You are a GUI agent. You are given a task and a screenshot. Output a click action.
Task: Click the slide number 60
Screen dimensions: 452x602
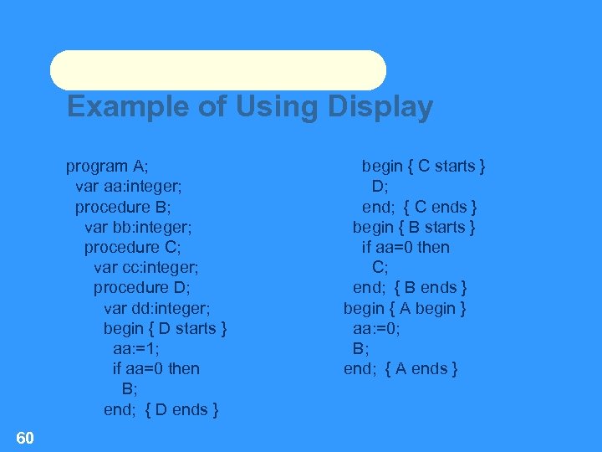24,437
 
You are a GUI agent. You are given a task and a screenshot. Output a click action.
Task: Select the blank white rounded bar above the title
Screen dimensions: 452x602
217,70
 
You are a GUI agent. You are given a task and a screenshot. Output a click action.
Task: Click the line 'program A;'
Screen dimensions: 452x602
107,166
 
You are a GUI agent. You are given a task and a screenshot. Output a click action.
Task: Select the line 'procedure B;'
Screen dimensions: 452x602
123,206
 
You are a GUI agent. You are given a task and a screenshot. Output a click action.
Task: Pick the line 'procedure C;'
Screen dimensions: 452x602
132,247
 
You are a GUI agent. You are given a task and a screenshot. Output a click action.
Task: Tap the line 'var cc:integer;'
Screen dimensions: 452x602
146,267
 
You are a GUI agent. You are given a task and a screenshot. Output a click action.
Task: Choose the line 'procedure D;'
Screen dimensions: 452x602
141,288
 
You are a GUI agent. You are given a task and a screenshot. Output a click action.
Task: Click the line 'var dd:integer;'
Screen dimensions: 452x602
156,308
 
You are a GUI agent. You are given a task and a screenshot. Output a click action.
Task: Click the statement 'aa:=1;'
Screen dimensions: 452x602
136,348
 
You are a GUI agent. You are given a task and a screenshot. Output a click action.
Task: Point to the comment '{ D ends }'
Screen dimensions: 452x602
182,409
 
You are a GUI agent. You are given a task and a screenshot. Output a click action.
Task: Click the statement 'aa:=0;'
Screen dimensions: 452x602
376,328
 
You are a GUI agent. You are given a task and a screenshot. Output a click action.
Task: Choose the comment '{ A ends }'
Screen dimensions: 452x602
421,368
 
